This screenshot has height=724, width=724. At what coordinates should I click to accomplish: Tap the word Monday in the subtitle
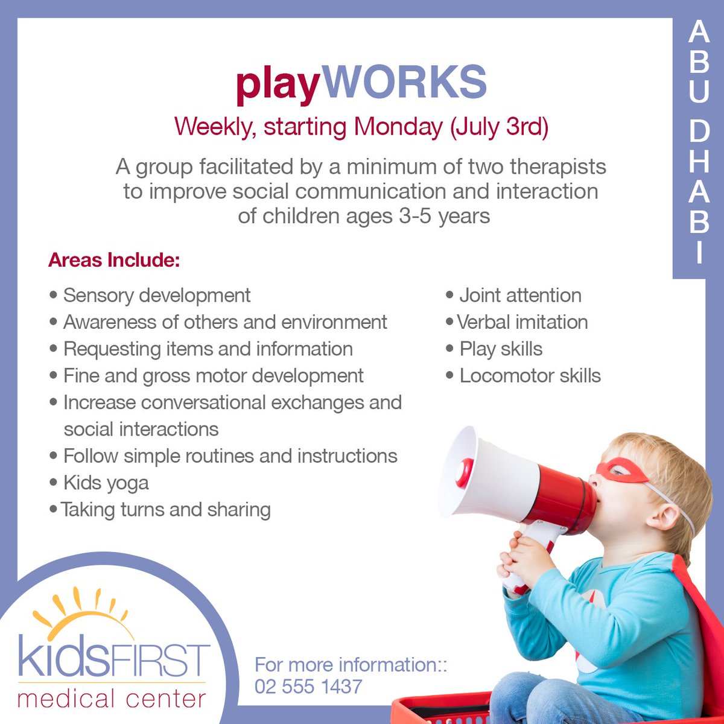[x=398, y=127]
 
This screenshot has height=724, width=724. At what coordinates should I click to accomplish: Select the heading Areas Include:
[x=114, y=261]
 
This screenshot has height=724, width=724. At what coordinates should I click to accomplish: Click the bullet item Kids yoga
[x=106, y=483]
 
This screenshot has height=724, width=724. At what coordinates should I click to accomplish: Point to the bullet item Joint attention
[x=520, y=295]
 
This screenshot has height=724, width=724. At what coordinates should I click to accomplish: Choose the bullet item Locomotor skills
[x=530, y=375]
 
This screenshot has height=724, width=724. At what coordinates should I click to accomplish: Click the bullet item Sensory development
[x=156, y=295]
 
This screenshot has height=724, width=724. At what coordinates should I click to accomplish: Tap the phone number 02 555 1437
[x=308, y=687]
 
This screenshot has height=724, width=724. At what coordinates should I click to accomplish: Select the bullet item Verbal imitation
[x=522, y=322]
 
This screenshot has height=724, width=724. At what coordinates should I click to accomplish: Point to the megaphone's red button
[x=464, y=472]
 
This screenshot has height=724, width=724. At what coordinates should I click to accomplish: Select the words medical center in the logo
[x=112, y=699]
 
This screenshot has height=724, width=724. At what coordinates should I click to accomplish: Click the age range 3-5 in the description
[x=415, y=216]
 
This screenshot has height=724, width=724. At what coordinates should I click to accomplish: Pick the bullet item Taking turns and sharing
[x=165, y=510]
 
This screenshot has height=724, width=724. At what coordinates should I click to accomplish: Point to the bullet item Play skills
[x=501, y=349]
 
